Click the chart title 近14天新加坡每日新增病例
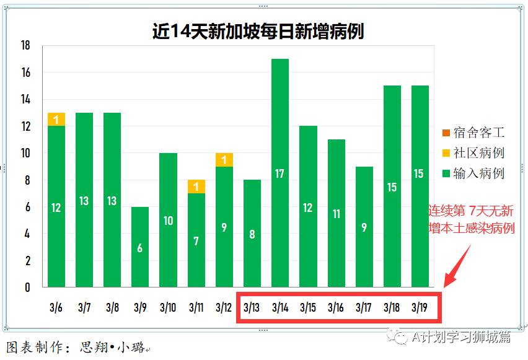(258, 31)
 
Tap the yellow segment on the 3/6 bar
(56, 120)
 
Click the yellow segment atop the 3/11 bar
(196, 187)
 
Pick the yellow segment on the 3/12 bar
(224, 160)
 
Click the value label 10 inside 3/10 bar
(168, 221)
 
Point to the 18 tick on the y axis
(25, 46)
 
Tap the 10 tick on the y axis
(25, 153)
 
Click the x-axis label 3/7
(84, 307)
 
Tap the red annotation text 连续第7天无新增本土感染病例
(472, 220)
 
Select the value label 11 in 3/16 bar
(335, 214)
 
